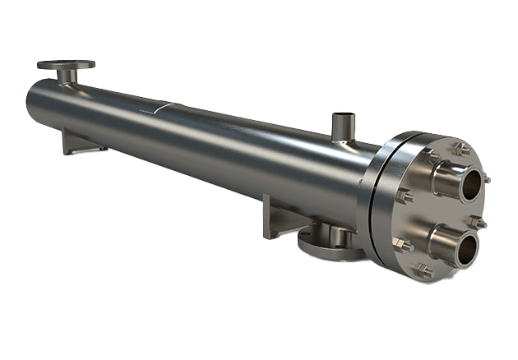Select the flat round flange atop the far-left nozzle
tap(67, 63)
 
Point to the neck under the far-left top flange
tap(67, 76)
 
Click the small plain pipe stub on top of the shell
tap(340, 129)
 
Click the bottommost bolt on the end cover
tap(424, 269)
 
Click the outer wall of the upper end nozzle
tap(445, 176)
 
